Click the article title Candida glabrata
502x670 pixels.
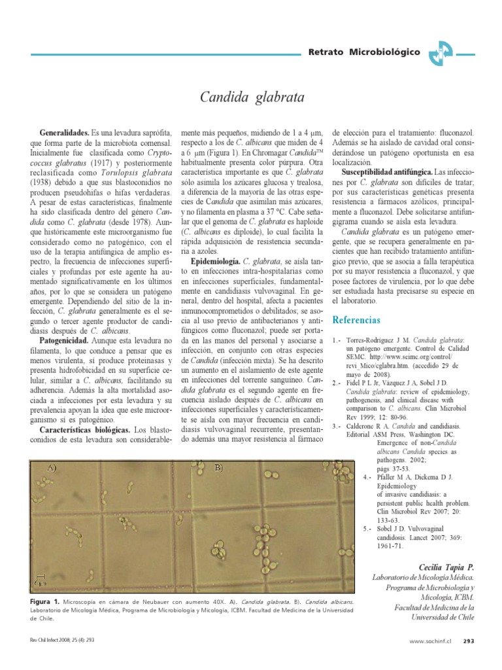click(251, 98)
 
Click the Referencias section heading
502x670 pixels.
click(356, 320)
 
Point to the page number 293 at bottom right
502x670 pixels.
click(468, 641)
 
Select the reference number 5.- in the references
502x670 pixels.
click(368, 527)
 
